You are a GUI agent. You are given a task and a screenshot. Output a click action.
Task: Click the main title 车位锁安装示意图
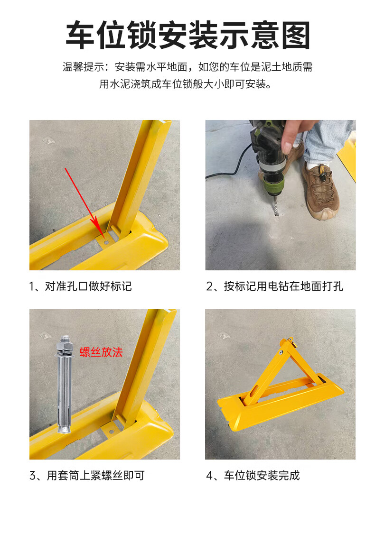(187, 35)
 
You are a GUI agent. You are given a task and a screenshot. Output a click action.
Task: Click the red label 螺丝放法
(101, 352)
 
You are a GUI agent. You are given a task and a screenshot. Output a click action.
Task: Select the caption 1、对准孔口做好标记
(80, 286)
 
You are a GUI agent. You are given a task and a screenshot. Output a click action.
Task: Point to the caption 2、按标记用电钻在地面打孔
(275, 286)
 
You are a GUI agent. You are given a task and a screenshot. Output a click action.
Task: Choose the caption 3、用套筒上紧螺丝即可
(87, 476)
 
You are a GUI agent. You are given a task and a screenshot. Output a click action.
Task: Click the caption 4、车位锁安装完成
(253, 476)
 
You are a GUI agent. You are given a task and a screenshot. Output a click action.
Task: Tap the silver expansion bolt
(65, 384)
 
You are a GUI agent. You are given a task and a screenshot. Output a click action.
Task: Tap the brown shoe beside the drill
(320, 190)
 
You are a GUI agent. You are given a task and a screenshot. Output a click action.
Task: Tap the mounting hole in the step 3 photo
(112, 432)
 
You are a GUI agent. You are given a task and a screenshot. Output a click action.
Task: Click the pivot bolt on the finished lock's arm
(281, 352)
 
